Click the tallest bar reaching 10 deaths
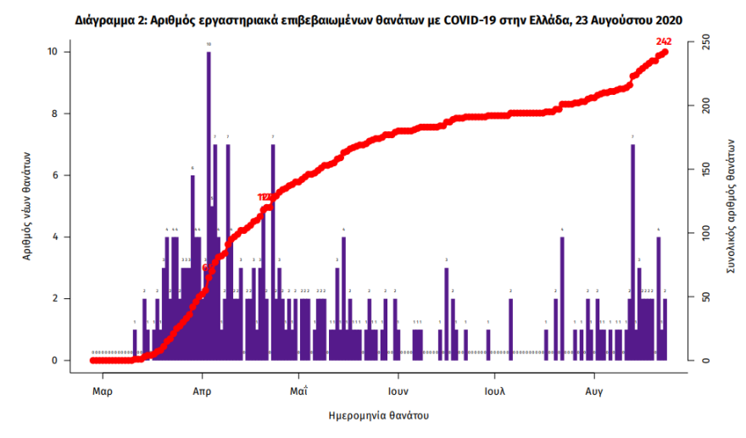[x=209, y=203]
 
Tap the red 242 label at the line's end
[x=664, y=41]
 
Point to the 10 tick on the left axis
[x=53, y=53]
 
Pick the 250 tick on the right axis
[x=702, y=41]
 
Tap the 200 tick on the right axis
[x=702, y=106]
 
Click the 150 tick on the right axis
[x=702, y=169]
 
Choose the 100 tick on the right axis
[x=702, y=233]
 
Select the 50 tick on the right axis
[x=700, y=297]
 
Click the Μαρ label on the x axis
[x=103, y=392]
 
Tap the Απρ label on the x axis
[x=201, y=392]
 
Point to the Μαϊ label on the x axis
[x=298, y=392]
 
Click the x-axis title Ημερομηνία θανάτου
[x=378, y=416]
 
